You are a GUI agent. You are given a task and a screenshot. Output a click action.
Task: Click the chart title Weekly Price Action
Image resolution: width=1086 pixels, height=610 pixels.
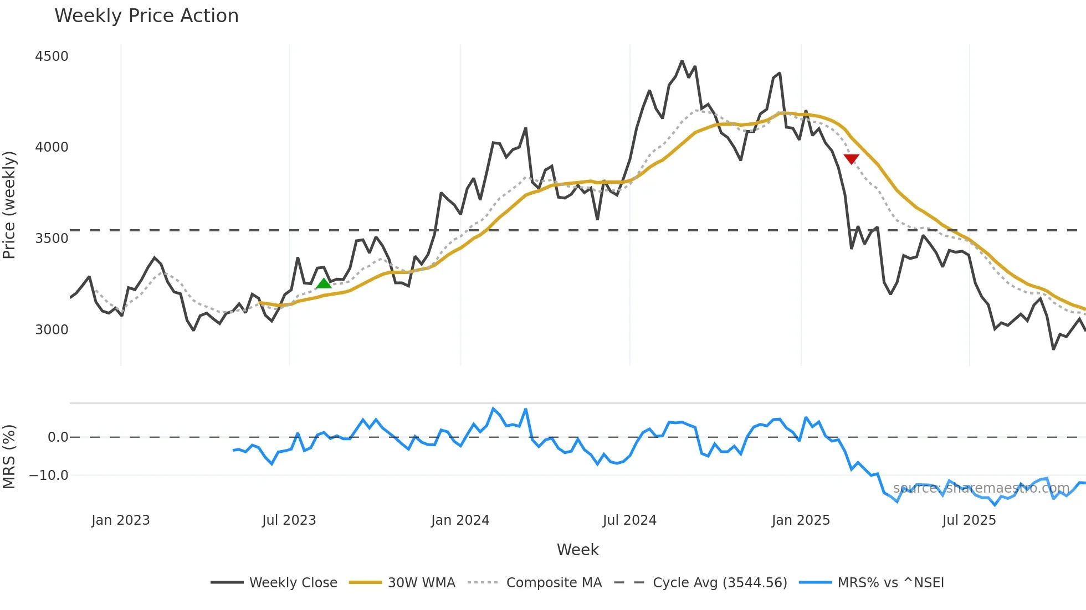(146, 16)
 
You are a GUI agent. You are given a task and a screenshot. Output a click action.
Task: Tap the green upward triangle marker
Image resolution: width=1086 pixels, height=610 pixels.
(324, 284)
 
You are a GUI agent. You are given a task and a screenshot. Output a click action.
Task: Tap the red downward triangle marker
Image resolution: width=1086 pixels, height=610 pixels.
(851, 159)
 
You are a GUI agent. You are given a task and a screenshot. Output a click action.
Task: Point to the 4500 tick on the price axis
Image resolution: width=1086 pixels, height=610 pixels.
(52, 56)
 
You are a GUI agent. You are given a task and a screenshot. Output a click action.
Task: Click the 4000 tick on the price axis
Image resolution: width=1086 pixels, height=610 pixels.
(52, 147)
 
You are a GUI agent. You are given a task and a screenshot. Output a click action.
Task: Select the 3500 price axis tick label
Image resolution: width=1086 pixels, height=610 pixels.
(52, 239)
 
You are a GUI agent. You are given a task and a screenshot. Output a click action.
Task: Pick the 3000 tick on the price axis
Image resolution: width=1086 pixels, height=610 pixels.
(52, 330)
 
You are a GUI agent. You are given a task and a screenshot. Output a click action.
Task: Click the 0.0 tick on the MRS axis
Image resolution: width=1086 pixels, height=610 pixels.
(58, 437)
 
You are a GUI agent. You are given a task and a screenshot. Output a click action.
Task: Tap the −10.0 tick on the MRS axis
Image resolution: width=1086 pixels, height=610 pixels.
(49, 475)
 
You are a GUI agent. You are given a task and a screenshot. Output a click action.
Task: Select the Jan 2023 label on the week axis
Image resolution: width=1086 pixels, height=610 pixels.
(121, 520)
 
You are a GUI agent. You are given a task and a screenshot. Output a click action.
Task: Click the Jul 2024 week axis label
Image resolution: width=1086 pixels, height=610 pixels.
(629, 520)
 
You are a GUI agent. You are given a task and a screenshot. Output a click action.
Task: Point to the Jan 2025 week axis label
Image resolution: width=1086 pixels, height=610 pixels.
(801, 520)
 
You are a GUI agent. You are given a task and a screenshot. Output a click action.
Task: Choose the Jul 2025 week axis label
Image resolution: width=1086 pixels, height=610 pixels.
(969, 520)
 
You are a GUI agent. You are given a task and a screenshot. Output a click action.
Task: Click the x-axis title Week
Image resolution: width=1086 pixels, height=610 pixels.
(577, 550)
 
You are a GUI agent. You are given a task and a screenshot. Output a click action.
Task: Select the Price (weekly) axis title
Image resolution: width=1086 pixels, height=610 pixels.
(9, 205)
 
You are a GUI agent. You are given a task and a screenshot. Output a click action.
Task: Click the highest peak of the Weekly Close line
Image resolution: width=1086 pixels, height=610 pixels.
(682, 61)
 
